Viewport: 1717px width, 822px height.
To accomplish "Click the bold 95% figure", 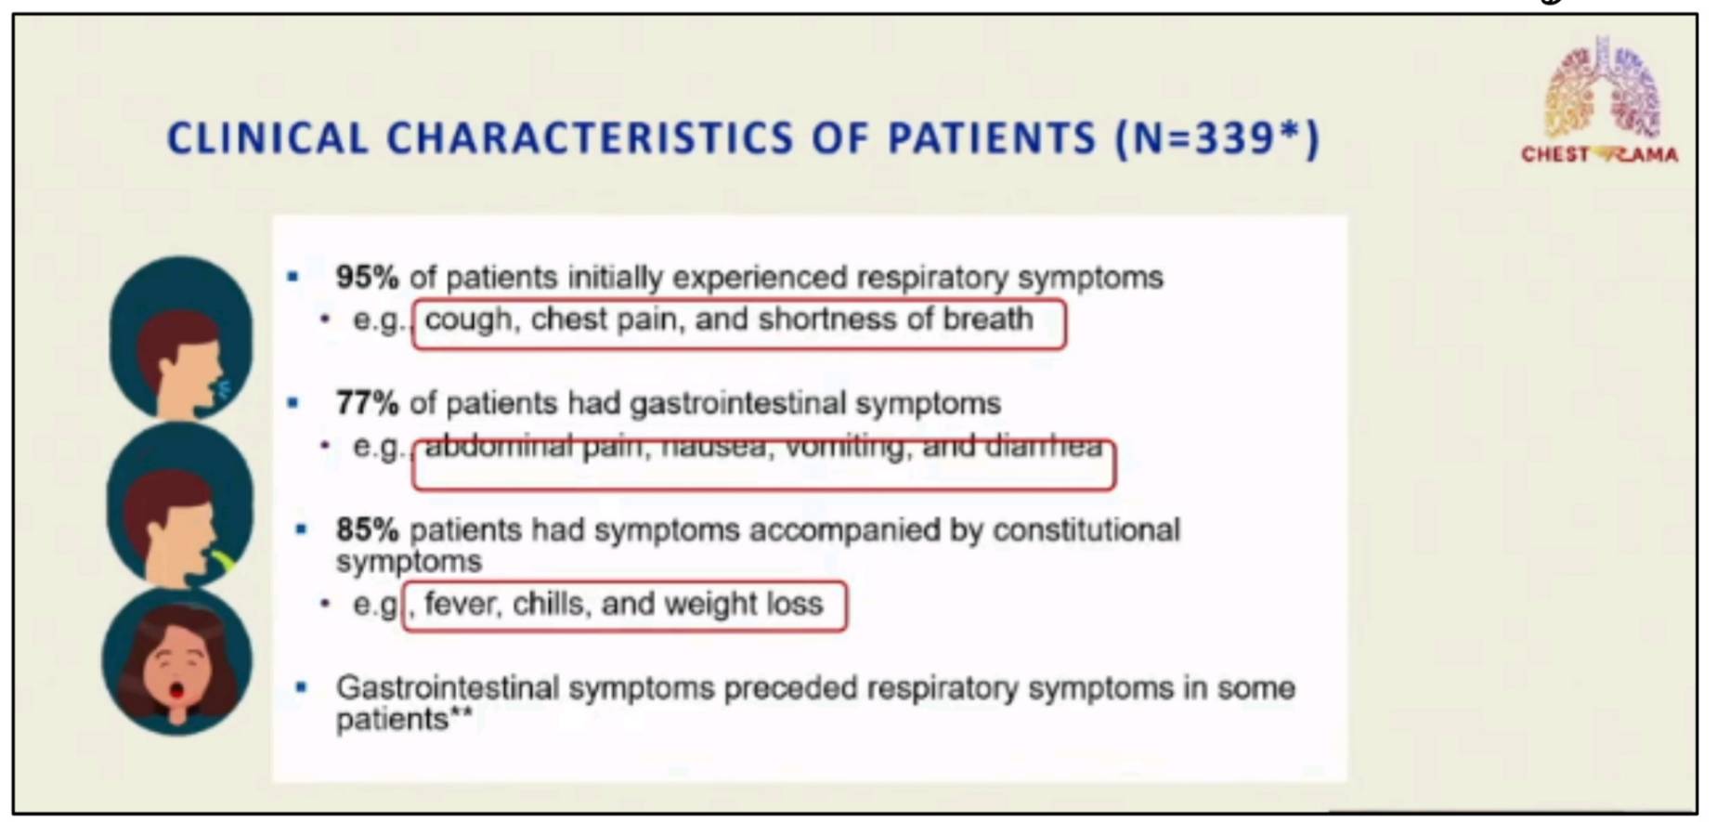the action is [367, 277].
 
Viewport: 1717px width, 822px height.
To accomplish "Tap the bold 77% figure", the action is [367, 403].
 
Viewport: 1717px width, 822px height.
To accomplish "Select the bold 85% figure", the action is [367, 529].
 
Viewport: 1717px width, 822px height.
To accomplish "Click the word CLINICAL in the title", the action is [267, 139].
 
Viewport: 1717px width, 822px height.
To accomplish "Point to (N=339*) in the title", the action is [1217, 139].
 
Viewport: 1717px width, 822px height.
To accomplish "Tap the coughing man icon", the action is [181, 338].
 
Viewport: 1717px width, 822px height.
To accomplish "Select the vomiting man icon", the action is [180, 504].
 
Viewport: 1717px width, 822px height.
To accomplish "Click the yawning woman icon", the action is [177, 661].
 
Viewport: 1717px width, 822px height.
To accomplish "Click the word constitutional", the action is [1086, 529].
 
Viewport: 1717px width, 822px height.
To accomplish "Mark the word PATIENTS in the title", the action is [993, 139].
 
